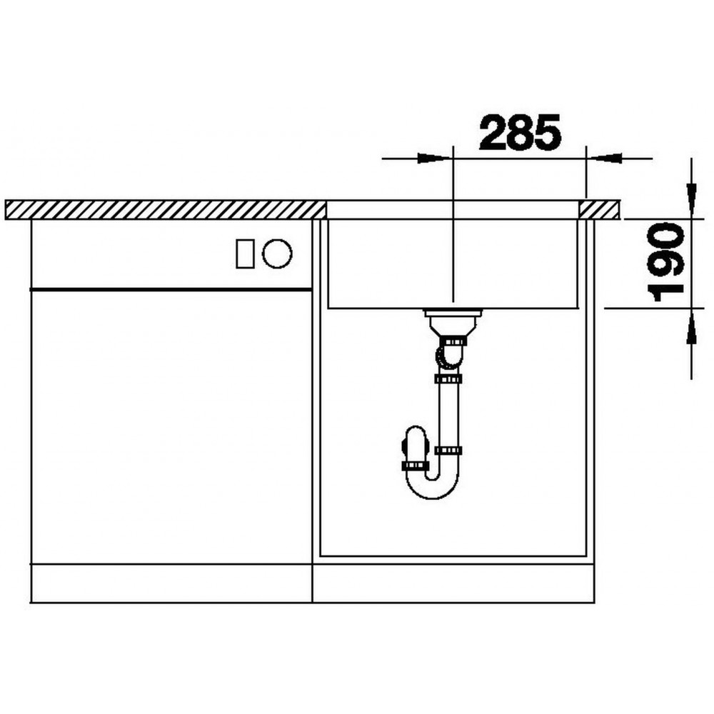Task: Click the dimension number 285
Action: tap(520, 132)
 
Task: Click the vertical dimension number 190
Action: tap(665, 262)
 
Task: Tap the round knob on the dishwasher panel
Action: tap(277, 253)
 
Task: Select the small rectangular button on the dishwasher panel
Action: tap(245, 253)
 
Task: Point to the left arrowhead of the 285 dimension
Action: tap(436, 159)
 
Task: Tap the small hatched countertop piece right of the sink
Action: tap(599, 210)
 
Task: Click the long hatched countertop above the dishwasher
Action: tap(166, 210)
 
